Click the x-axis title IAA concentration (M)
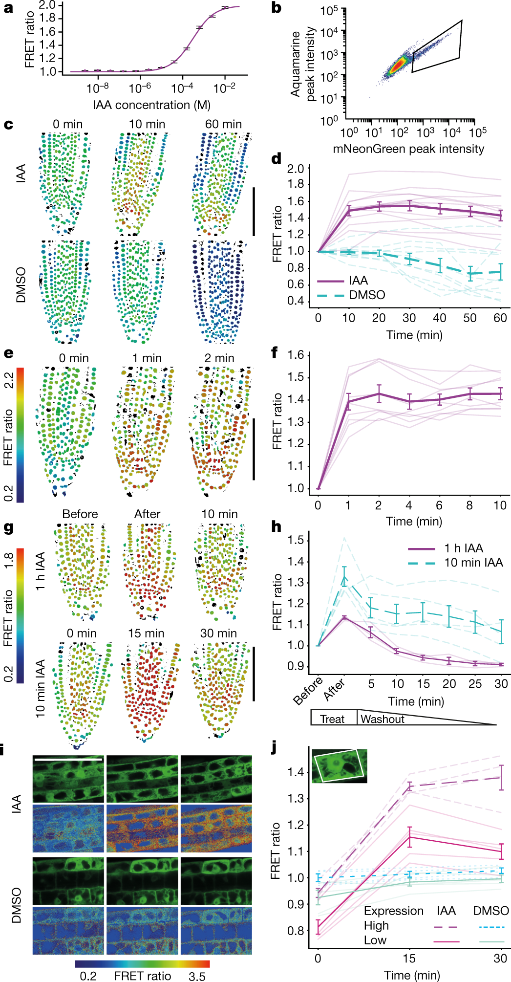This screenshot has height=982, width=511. point(151,105)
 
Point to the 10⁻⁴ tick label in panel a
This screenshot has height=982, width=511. point(182,88)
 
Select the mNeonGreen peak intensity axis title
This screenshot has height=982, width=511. point(408,149)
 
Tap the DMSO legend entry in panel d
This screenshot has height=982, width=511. point(367,295)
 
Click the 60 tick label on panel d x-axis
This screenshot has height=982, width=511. point(500,318)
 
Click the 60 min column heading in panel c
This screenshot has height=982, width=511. point(223,124)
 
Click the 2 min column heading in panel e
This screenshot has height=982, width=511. point(219,358)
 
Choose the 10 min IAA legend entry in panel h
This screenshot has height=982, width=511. point(473,563)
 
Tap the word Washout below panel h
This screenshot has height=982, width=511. point(383,719)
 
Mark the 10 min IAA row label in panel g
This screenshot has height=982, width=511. point(40,688)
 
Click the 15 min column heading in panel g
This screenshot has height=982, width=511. point(146,633)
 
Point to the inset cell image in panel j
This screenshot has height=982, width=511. point(339,765)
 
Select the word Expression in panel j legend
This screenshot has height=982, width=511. point(394,911)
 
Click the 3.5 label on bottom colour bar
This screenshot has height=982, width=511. point(197,976)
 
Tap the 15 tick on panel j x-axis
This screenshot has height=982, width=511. point(409,958)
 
